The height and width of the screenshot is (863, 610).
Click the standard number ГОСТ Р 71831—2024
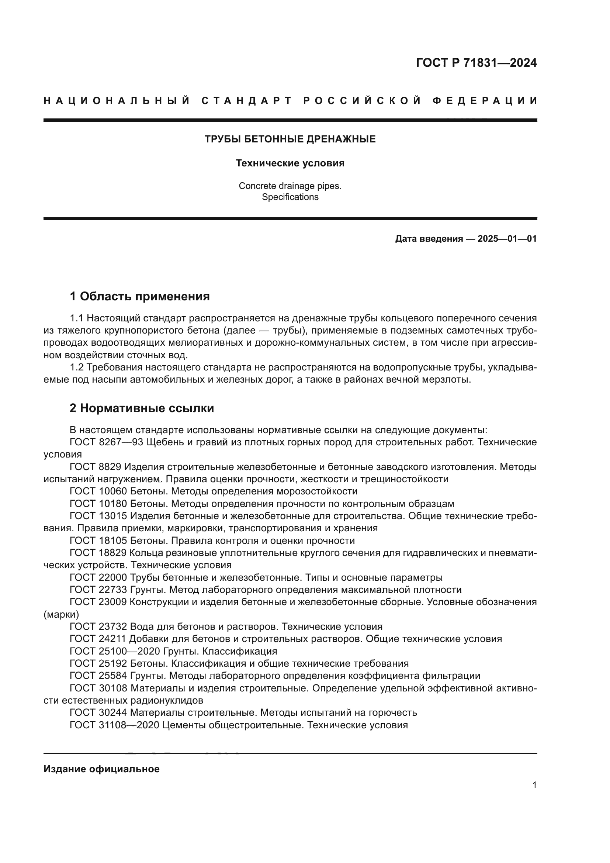(476, 63)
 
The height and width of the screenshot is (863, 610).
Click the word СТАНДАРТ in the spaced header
(246, 101)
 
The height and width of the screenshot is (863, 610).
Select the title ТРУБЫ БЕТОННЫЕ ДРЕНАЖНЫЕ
(290, 139)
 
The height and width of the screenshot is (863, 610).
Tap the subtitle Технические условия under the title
(290, 163)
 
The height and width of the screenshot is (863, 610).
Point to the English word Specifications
(290, 197)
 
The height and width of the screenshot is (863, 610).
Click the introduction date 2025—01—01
(507, 239)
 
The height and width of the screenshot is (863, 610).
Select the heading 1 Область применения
(140, 296)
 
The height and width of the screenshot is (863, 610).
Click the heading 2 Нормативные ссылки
(142, 408)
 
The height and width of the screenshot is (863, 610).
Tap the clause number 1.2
(77, 367)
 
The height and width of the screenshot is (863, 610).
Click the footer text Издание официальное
(101, 769)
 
